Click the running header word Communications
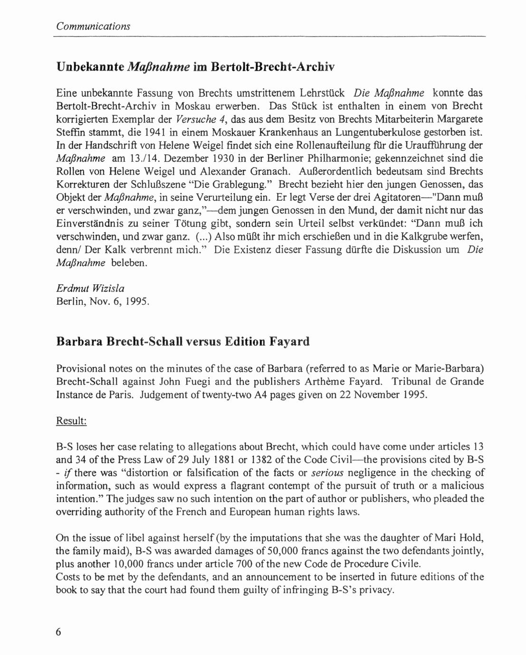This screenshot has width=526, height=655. point(93,26)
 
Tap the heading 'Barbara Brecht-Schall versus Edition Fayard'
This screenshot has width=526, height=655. point(183,341)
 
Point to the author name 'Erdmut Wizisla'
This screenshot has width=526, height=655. point(90,288)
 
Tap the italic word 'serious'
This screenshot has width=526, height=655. point(327,473)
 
